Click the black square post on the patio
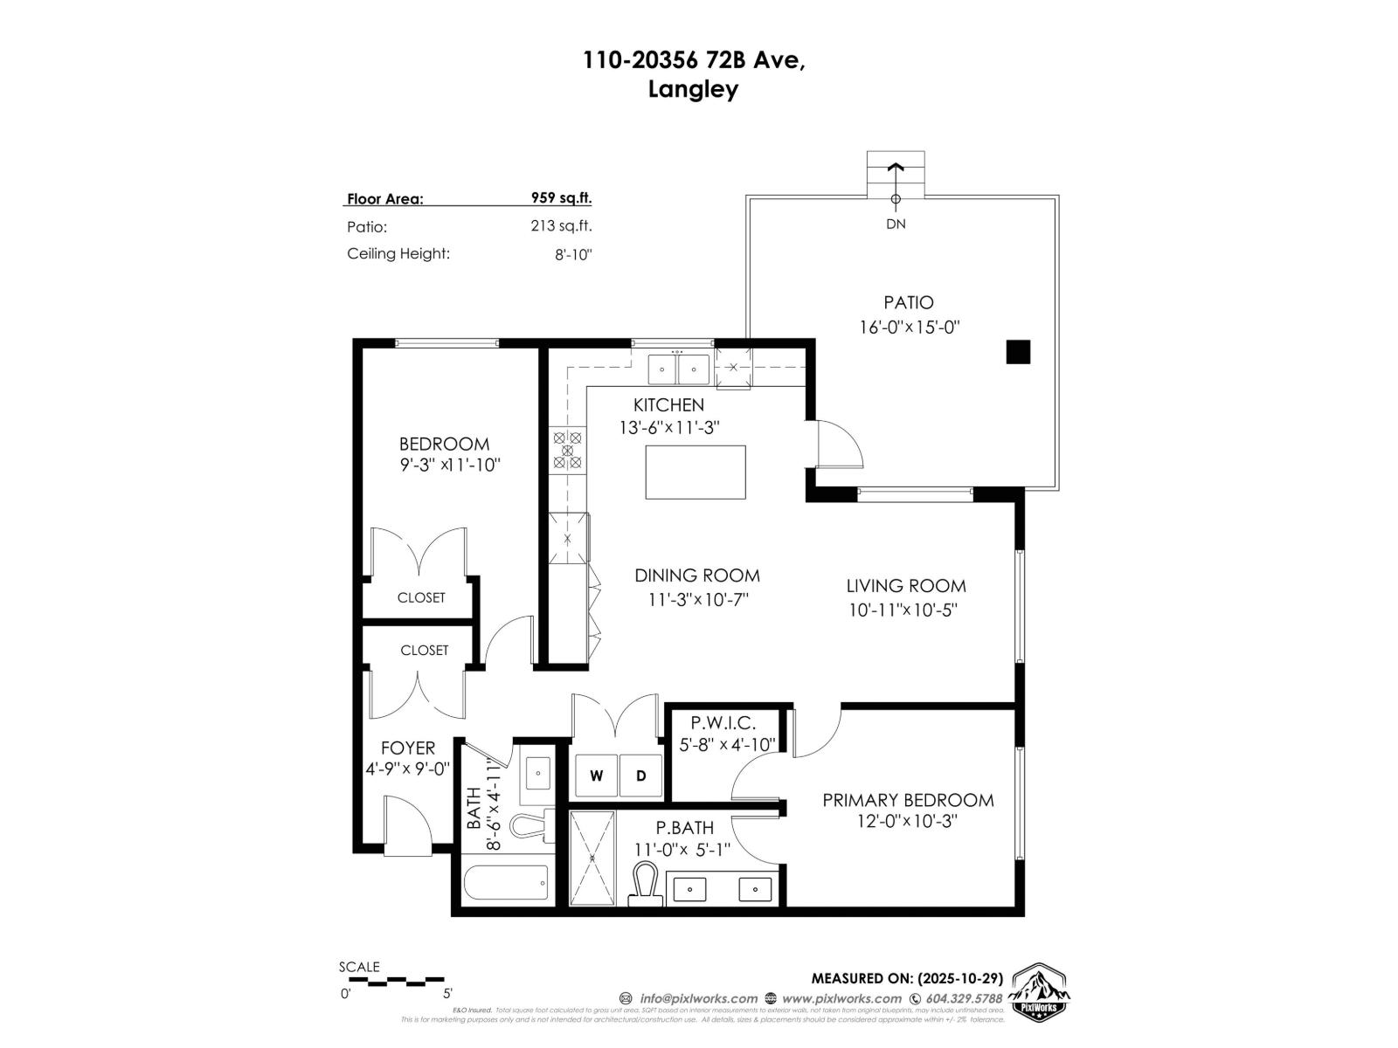click(1018, 352)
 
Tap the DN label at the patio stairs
click(896, 224)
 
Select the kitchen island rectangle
click(696, 472)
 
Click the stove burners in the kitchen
click(567, 451)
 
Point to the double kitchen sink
click(679, 369)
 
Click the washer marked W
click(596, 776)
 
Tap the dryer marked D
click(640, 776)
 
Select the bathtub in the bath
click(506, 882)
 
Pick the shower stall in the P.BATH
click(592, 858)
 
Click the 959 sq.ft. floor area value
click(561, 197)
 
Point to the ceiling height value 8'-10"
click(573, 254)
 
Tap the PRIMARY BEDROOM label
click(908, 800)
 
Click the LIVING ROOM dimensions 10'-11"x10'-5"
click(903, 610)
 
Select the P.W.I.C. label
click(723, 723)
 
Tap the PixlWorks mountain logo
click(1039, 991)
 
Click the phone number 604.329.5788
click(964, 998)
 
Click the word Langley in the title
click(693, 89)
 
